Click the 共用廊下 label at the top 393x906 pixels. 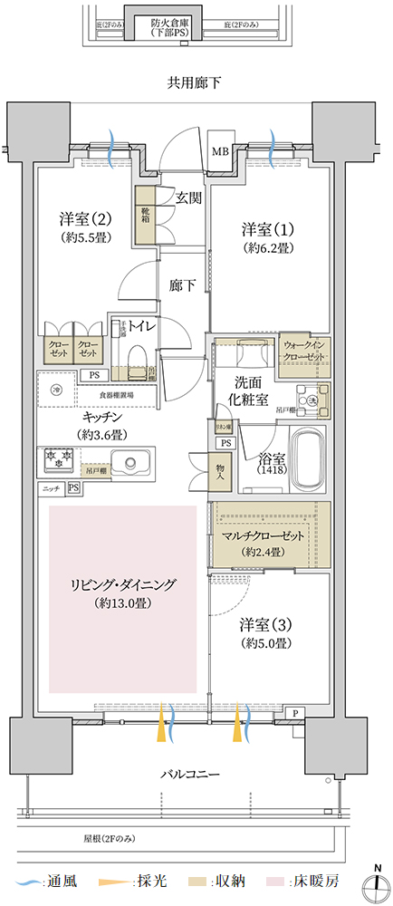195,83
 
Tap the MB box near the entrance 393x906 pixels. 220,151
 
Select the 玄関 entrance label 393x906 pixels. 188,198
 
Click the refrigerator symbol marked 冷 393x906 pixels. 57,390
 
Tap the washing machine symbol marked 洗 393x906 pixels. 311,401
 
